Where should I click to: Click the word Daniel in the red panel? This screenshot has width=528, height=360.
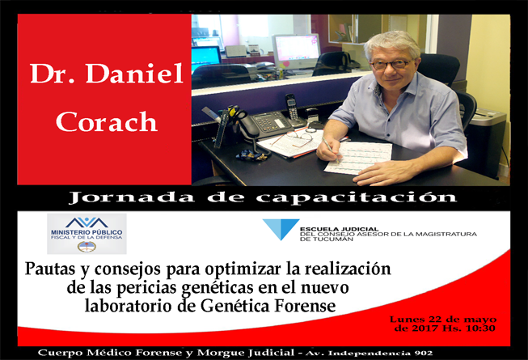coord(134,73)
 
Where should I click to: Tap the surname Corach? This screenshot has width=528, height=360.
coord(107,121)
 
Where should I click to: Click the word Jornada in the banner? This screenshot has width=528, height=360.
coord(131,197)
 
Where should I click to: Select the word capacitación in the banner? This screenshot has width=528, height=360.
coord(356,197)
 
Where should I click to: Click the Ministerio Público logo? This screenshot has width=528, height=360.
coord(87,234)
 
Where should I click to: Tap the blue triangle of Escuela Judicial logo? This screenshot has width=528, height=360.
coord(281,229)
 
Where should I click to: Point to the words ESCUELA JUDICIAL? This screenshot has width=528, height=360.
coord(339,229)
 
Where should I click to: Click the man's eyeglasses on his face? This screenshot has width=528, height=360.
coord(392,64)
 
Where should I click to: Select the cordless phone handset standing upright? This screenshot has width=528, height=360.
coord(292,109)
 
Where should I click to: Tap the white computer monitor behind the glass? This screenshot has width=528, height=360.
coord(296,49)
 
